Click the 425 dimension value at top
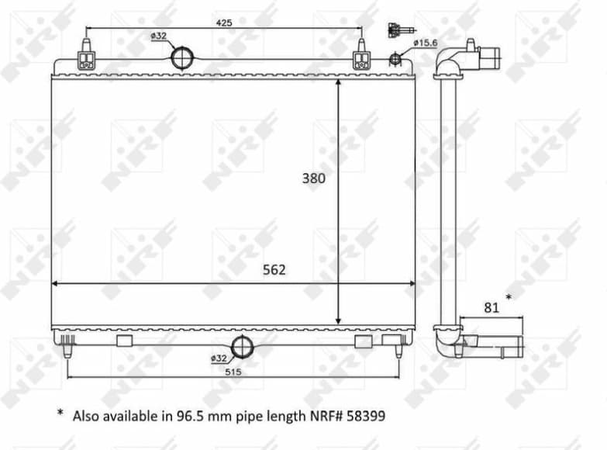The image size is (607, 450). pyautogui.click(x=223, y=22)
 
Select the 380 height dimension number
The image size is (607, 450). pyautogui.click(x=313, y=178)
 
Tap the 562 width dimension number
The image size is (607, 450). pyautogui.click(x=274, y=270)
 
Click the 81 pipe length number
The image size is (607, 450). pyautogui.click(x=491, y=307)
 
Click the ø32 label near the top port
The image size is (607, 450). pyautogui.click(x=158, y=36)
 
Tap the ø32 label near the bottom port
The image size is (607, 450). pyautogui.click(x=219, y=358)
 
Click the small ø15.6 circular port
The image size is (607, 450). pyautogui.click(x=395, y=57)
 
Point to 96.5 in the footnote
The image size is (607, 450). pyautogui.click(x=202, y=415)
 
